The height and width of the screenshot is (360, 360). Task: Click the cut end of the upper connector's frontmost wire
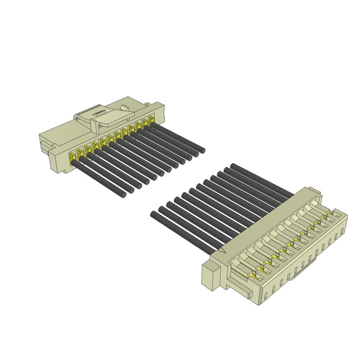pyautogui.click(x=123, y=195)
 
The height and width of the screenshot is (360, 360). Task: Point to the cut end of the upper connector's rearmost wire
pyautogui.click(x=203, y=151)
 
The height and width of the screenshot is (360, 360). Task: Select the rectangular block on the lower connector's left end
pyautogui.click(x=211, y=277)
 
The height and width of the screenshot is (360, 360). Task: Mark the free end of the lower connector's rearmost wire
pyautogui.click(x=233, y=166)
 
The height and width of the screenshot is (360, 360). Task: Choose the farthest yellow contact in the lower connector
pyautogui.click(x=329, y=213)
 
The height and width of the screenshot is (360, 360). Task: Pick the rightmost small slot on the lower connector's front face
pyautogui.click(x=342, y=231)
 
